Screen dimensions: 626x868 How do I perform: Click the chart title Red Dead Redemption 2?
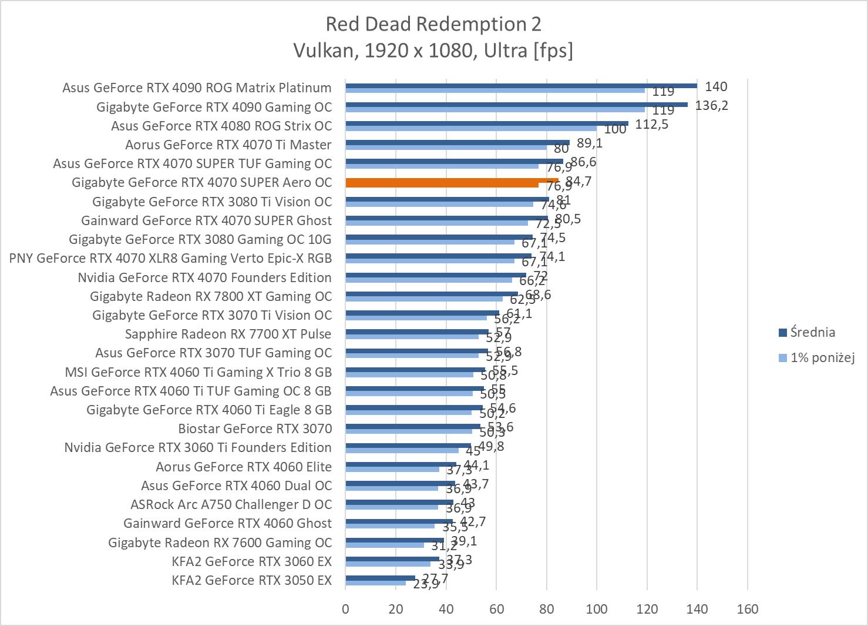point(433,24)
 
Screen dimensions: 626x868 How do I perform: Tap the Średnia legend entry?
point(813,333)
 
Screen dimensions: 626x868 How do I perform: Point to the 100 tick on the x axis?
point(597,608)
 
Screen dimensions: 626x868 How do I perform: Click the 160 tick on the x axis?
point(747,608)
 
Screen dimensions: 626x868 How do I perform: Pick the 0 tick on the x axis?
point(345,608)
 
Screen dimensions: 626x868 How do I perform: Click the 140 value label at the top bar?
point(716,87)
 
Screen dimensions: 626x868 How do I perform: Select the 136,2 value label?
point(711,106)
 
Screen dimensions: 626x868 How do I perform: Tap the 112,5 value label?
point(651,125)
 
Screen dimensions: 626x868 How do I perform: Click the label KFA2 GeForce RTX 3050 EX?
point(251,580)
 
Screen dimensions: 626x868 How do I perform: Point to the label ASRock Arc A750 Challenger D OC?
point(231,504)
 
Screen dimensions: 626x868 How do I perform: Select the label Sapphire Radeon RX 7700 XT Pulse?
point(228,334)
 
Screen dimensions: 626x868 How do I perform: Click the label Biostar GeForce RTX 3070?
point(255,429)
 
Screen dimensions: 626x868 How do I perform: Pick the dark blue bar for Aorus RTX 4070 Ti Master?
point(457,142)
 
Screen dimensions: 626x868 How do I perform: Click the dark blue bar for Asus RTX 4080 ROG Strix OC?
point(486,123)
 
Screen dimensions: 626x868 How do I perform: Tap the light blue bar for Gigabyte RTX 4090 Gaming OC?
point(494,109)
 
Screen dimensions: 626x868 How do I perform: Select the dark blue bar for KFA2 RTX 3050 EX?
point(380,578)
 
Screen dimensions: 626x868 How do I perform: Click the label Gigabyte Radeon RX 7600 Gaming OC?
point(220,543)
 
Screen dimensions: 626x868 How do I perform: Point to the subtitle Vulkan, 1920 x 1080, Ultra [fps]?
point(433,51)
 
